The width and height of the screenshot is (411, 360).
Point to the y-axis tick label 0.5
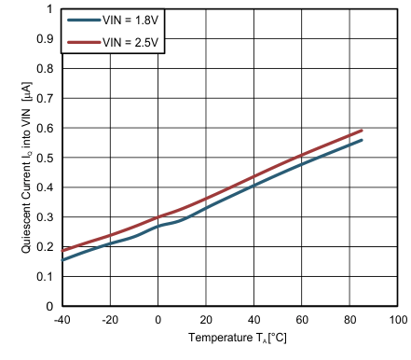coord(44,158)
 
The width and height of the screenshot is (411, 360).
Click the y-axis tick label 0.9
coord(44,39)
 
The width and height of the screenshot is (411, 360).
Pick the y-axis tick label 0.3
coord(44,217)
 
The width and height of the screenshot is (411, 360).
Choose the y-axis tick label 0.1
coord(44,277)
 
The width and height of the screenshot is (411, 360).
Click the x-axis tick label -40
coord(62,320)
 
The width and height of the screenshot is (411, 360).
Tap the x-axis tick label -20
coord(110,320)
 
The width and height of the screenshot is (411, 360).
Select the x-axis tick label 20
coord(206,320)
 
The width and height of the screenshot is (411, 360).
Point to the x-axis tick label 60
coord(302,320)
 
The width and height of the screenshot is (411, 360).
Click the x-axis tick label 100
coord(397,320)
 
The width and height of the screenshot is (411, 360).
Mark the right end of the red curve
coord(362,131)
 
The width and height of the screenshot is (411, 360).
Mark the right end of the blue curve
coord(362,140)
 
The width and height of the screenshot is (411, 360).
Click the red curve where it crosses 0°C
coord(158,216)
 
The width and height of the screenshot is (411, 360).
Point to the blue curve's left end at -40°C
coord(62,259)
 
